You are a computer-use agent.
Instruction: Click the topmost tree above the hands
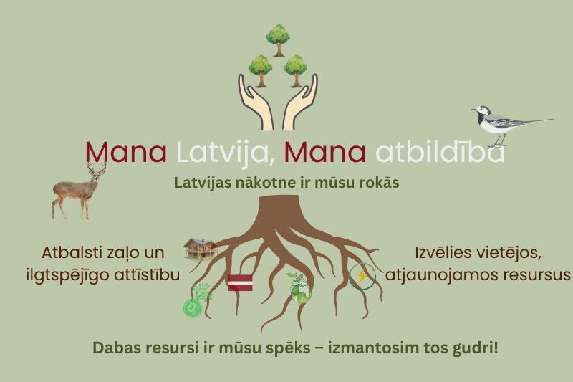[x=278, y=40]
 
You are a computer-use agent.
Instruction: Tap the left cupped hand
[x=256, y=103]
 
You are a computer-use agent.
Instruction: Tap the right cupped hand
[x=300, y=103]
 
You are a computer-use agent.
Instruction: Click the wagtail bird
[x=508, y=123]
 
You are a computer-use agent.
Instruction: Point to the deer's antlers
[x=97, y=168]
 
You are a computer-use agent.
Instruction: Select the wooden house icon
[x=201, y=249]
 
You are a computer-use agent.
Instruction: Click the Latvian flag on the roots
[x=240, y=282]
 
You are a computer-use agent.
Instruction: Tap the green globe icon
[x=299, y=289]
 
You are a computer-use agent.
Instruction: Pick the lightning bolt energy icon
[x=362, y=277]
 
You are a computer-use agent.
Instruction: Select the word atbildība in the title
[x=440, y=152]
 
